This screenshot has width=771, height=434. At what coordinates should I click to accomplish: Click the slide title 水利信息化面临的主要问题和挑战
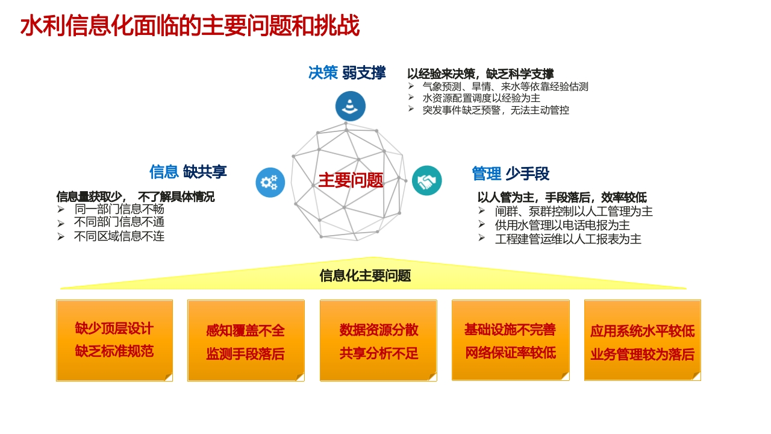[x=190, y=25]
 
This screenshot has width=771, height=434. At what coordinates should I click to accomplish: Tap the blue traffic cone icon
[x=351, y=106]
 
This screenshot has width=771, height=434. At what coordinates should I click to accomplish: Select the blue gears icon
[x=270, y=182]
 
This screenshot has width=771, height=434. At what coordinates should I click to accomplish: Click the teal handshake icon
[x=427, y=180]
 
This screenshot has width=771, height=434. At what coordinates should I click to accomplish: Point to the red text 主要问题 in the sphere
[x=351, y=180]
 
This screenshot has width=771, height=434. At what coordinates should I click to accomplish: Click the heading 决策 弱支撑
[x=347, y=73]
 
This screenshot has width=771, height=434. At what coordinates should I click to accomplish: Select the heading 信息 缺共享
[x=188, y=172]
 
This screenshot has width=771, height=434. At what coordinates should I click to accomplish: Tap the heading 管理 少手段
[x=510, y=173]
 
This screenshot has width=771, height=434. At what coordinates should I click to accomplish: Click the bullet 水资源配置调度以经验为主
[x=481, y=98]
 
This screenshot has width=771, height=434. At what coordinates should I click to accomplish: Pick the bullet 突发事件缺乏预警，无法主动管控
[x=496, y=110]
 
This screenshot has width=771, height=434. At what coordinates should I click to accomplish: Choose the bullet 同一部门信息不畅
[x=119, y=209]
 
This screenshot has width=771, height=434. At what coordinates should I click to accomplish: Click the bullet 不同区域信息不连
[x=119, y=236]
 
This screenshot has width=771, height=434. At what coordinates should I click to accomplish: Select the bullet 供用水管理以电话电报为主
[x=563, y=225]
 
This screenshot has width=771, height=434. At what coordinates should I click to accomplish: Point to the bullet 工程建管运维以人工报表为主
[x=568, y=239]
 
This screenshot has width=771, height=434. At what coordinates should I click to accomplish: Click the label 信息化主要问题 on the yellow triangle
[x=365, y=275]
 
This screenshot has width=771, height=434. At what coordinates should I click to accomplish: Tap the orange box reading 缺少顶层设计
[x=114, y=341]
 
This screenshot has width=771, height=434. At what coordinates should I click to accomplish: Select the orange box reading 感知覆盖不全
[x=246, y=341]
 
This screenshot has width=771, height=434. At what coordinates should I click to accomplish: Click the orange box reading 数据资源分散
[x=378, y=341]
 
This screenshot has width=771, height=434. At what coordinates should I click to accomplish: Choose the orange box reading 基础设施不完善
[x=510, y=341]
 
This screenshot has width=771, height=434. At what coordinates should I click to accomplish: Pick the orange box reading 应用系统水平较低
[x=643, y=341]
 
